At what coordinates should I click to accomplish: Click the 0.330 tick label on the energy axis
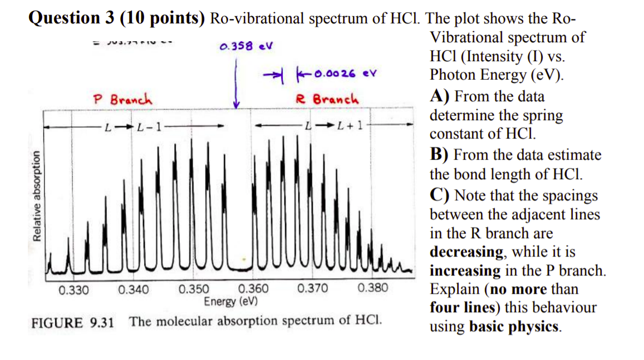73,289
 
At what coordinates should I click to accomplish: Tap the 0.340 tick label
134,289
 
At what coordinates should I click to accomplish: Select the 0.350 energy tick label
194,289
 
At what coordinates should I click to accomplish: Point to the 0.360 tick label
253,289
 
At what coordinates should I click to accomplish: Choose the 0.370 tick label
313,289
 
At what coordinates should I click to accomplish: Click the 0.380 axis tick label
373,289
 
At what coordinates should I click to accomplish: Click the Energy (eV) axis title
230,302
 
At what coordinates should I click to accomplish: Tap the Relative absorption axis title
38,196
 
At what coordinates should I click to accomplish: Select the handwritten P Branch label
122,100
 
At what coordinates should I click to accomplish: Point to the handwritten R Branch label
327,100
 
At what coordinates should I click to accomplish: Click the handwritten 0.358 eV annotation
245,46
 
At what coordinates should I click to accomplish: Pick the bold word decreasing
466,252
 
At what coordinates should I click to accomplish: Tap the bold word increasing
465,271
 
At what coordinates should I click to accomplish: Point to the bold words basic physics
514,327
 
